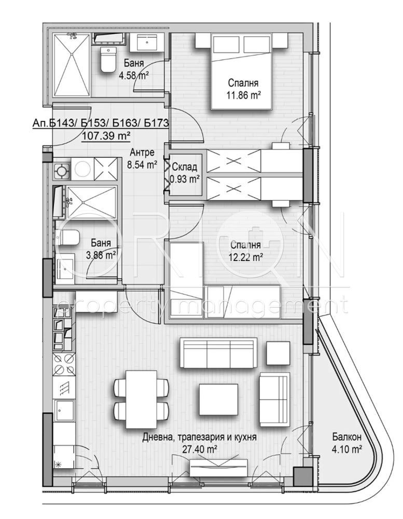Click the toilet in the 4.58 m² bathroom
point(108,60)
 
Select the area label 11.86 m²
point(244,95)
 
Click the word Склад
point(185,167)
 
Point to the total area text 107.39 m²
point(106,135)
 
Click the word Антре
point(142,153)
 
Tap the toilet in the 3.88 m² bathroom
point(68,238)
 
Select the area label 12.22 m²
point(246,256)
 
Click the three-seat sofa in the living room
point(218,353)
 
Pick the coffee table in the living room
point(219,400)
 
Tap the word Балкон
point(347,437)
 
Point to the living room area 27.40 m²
point(200,449)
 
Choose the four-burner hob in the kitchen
point(64,364)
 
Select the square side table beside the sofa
point(278,353)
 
